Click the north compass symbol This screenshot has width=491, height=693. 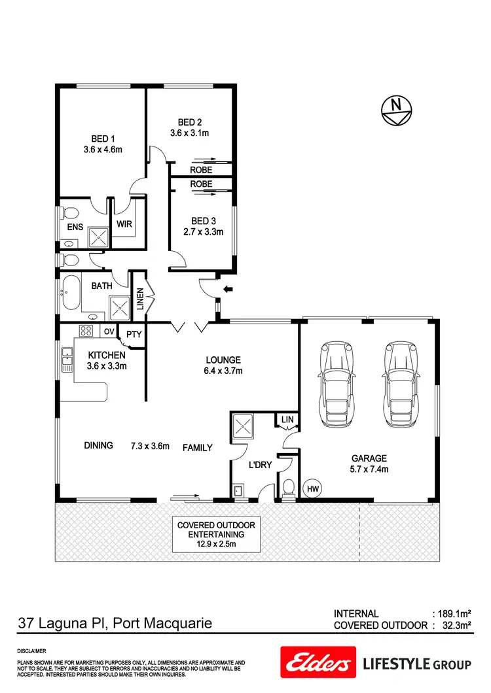395,109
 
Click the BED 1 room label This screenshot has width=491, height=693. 103,139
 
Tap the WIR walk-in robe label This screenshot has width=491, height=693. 124,224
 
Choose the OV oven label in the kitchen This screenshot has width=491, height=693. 109,332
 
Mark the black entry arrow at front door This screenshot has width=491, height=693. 228,288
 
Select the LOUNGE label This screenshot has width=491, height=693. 223,360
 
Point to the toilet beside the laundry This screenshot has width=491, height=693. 287,487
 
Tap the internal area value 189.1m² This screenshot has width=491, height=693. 454,614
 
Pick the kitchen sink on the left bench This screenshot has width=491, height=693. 67,359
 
